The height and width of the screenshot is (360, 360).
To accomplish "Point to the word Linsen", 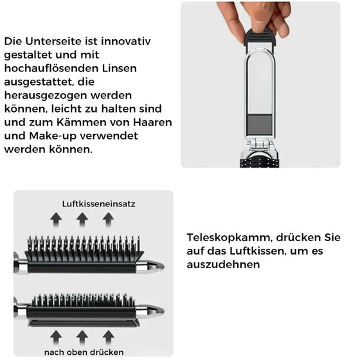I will pyautogui.click(x=118, y=68).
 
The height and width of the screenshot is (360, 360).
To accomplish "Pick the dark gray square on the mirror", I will pyautogui.click(x=260, y=124).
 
